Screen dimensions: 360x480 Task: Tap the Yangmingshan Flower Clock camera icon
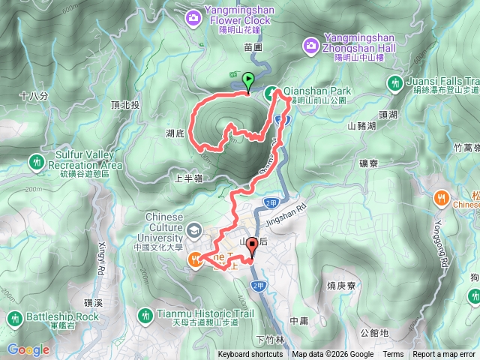click(x=194, y=16)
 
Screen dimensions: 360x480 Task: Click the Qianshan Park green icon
click(x=269, y=92)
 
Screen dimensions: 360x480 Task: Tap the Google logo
click(x=28, y=349)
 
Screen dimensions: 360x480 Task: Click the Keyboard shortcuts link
click(x=250, y=355)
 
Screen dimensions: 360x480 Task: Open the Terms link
click(x=393, y=355)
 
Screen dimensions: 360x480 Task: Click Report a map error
click(x=444, y=355)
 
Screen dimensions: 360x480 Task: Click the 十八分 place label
click(x=34, y=96)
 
